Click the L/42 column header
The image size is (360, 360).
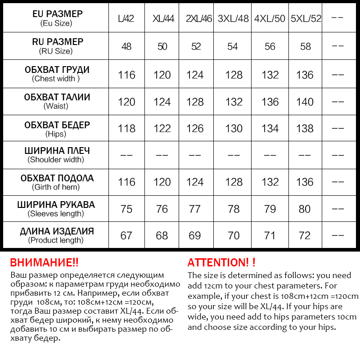click(126, 19)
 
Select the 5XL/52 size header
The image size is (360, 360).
click(306, 19)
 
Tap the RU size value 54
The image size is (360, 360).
click(233, 46)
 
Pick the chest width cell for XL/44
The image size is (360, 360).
click(162, 75)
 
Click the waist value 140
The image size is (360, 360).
click(305, 102)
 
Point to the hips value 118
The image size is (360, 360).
click(126, 129)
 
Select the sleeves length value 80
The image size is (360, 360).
click(305, 209)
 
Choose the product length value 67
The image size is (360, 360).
click(126, 235)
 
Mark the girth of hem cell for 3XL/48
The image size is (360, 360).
click(234, 182)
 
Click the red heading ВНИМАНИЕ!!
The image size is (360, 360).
click(44, 263)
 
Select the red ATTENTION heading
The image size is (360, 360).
click(221, 263)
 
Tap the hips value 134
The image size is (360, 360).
click(270, 129)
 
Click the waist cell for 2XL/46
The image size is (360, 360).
click(195, 102)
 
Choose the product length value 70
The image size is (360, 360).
click(234, 235)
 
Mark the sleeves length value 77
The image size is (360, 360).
click(195, 209)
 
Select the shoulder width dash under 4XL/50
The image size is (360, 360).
click(270, 155)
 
